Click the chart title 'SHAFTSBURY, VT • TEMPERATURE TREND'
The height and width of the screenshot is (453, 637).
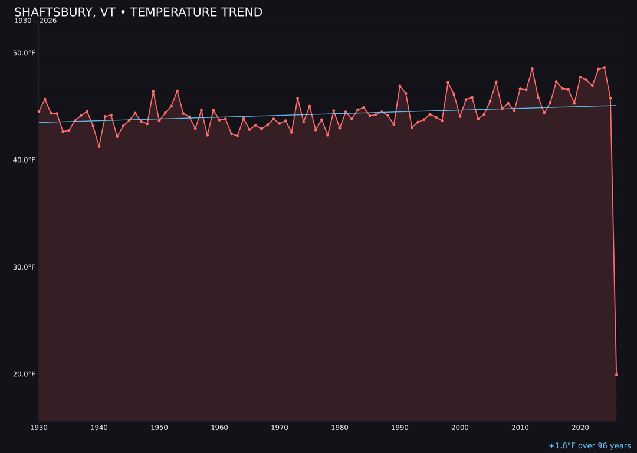coord(138,12)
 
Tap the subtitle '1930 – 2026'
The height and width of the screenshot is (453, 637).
coord(35,21)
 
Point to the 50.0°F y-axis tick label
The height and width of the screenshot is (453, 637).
coord(24,54)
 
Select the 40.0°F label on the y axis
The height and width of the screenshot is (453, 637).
coord(24,160)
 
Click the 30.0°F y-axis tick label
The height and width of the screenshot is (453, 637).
coord(24,267)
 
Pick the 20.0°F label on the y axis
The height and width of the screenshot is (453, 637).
coord(24,374)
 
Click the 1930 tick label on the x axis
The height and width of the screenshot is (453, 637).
coord(39,427)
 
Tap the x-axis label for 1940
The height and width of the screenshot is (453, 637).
coord(99,427)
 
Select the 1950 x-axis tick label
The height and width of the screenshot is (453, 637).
coord(159,427)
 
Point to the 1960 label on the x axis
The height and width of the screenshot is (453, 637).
coord(219,427)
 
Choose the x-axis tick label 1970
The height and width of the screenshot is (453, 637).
coord(280,427)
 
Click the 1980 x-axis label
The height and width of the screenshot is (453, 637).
coord(340,427)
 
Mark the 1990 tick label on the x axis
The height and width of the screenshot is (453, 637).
coord(400,427)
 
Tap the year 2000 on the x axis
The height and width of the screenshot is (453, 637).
coord(460,427)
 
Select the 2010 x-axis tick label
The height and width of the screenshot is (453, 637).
coord(520,427)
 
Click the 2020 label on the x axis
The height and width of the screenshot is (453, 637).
coord(580,427)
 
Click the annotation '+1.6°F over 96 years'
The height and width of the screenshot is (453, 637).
coord(589,446)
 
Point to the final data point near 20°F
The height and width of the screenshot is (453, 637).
coord(616,375)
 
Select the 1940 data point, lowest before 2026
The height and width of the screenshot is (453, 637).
coord(99,146)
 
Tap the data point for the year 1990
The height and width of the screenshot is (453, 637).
coord(400,86)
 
